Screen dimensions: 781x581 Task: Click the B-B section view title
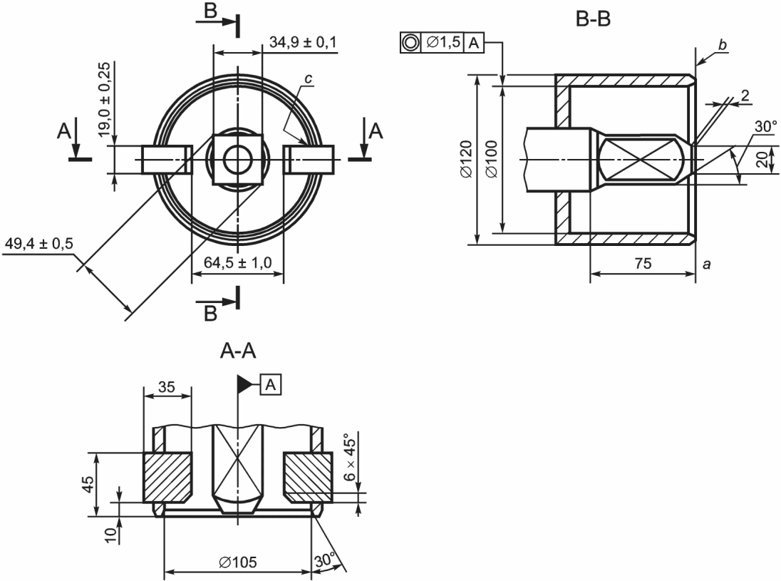[x=593, y=19]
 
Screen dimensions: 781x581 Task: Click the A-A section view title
[x=238, y=351]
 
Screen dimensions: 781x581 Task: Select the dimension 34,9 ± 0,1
[x=303, y=42]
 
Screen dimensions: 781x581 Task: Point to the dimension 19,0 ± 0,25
[x=103, y=99]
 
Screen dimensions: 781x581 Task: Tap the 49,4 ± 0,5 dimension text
[x=38, y=244]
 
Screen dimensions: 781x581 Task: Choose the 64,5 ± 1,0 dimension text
[x=238, y=262]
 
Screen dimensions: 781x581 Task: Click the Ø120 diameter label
[x=466, y=159]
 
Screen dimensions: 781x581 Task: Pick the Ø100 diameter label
[x=492, y=159]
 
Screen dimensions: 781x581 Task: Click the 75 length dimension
[x=643, y=262]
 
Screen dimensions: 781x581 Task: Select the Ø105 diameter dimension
[x=238, y=562]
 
